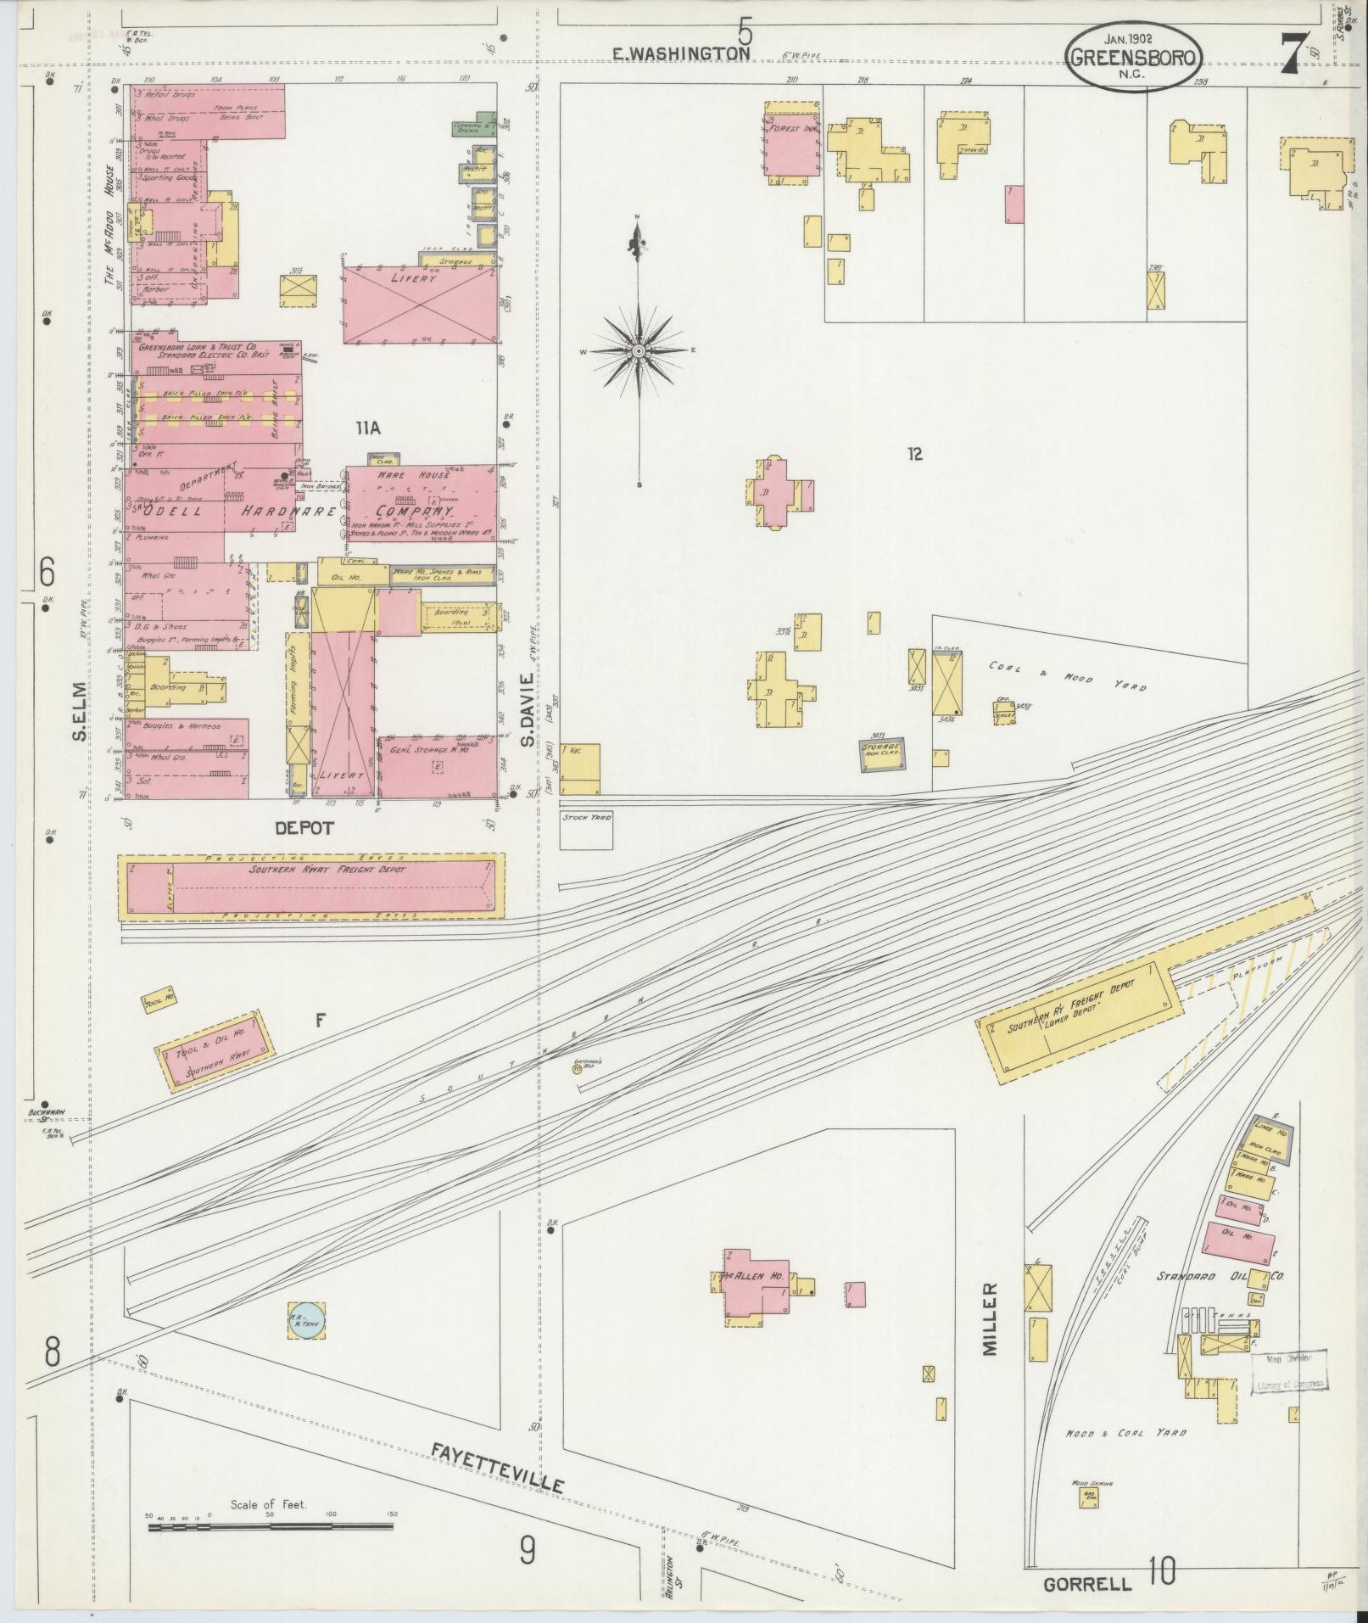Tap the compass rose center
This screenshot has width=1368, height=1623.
638,350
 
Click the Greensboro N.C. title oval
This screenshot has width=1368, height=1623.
1133,56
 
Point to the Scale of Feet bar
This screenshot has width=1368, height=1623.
270,1526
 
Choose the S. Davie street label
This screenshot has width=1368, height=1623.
527,711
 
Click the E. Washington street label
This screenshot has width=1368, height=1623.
682,53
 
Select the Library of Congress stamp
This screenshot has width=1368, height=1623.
1290,1371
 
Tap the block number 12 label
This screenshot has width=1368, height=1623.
913,454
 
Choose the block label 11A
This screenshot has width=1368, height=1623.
368,429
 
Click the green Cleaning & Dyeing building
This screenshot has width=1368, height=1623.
474,125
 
